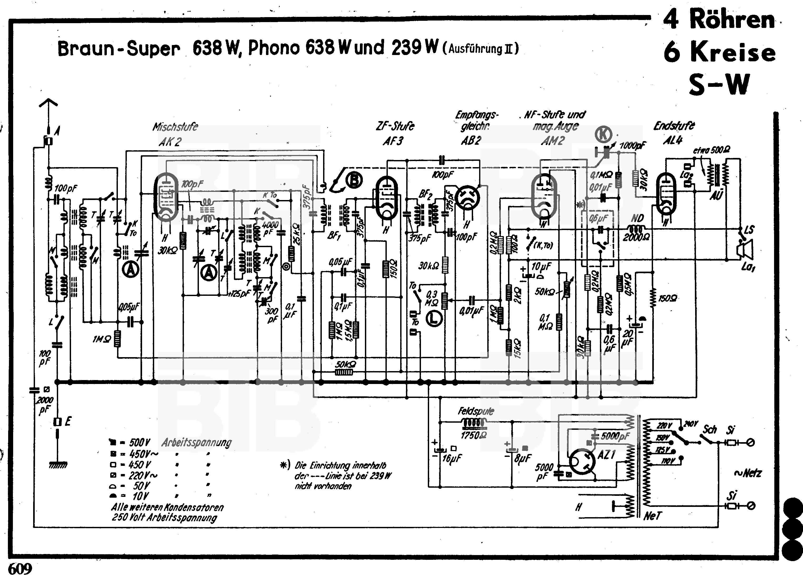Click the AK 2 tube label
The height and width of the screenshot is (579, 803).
[170, 142]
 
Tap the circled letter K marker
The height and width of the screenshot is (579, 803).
[603, 134]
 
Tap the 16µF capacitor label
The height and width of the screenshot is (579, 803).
[452, 459]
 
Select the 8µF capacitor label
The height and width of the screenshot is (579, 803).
[523, 459]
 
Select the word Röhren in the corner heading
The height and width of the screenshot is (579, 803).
[732, 20]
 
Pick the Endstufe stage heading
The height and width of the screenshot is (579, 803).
[674, 126]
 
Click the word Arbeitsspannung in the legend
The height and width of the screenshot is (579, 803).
[197, 443]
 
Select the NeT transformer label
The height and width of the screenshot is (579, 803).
[652, 516]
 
